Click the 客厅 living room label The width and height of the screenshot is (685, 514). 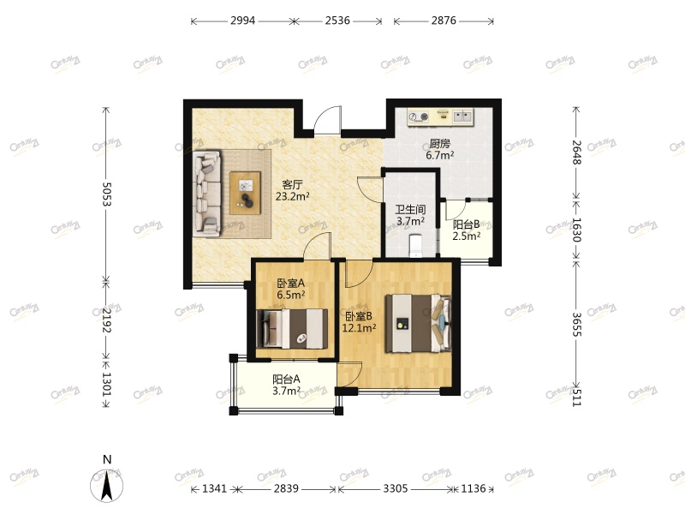coord(293,184)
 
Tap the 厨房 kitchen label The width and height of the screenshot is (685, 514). coord(440,144)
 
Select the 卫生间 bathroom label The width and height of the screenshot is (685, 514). coord(410,210)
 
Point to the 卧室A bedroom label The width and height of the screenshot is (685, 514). coord(290,284)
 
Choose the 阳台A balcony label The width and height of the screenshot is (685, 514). coord(286,380)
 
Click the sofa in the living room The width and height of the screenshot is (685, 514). coord(207,193)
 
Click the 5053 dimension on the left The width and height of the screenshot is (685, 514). coord(107,195)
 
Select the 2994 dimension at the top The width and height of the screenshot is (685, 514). coord(243,21)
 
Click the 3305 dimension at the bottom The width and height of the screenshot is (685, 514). coord(394,489)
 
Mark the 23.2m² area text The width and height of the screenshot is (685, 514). coord(293,196)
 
